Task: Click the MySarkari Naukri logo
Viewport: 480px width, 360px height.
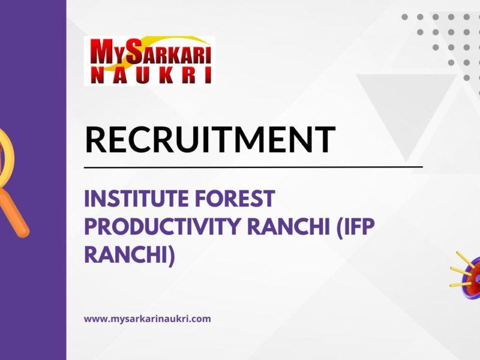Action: (x=149, y=61)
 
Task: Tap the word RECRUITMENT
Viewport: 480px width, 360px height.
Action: (x=209, y=139)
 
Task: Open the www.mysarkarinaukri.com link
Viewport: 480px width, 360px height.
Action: (x=147, y=319)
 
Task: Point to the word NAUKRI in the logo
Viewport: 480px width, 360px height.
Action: (x=149, y=76)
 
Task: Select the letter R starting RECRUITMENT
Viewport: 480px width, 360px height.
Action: (x=96, y=139)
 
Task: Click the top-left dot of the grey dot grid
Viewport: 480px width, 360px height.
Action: (x=405, y=17)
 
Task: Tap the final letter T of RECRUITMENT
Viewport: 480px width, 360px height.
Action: (x=323, y=139)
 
